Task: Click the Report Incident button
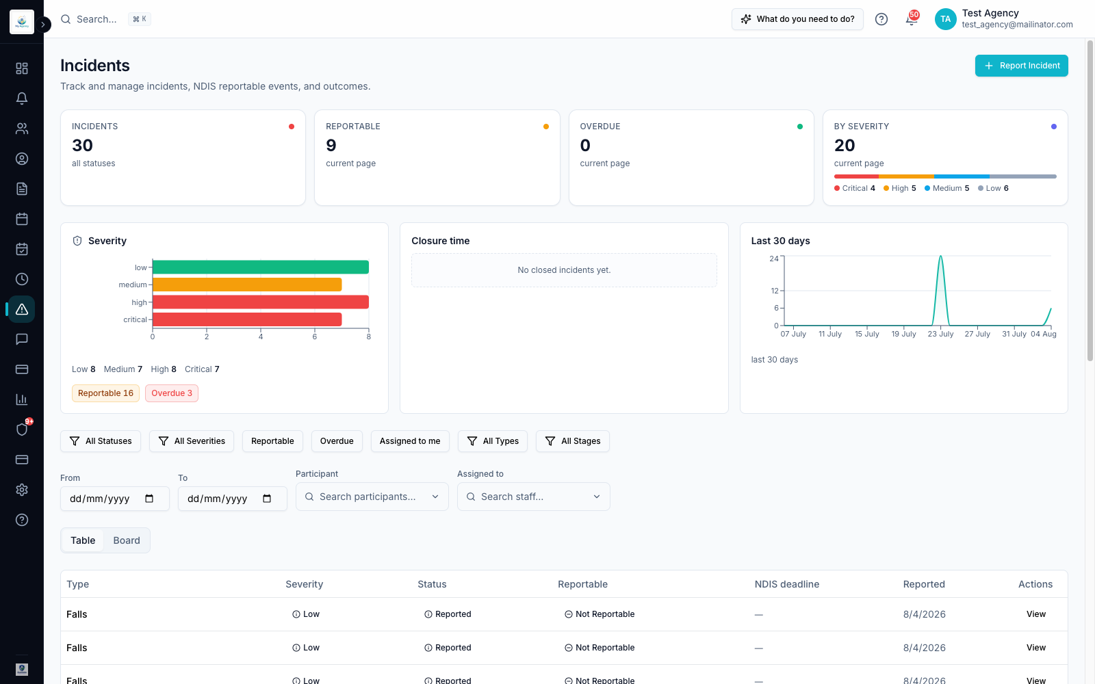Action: pyautogui.click(x=1021, y=66)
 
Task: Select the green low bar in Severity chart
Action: pyautogui.click(x=261, y=267)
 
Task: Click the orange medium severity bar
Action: pyautogui.click(x=247, y=285)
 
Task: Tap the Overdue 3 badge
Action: pyautogui.click(x=172, y=393)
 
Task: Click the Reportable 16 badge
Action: pyautogui.click(x=105, y=393)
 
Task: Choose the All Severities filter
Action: pyautogui.click(x=192, y=441)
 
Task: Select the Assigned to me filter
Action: pyautogui.click(x=410, y=441)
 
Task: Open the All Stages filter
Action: pyautogui.click(x=572, y=441)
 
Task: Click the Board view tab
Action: pyautogui.click(x=127, y=540)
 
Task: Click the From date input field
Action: pyautogui.click(x=115, y=499)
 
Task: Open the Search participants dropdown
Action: pyautogui.click(x=372, y=497)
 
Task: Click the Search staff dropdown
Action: pyautogui.click(x=533, y=497)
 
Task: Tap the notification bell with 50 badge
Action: pyautogui.click(x=911, y=18)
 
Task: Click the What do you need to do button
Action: pyautogui.click(x=797, y=19)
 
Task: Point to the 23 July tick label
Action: pyautogui.click(x=940, y=334)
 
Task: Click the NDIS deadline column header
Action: pyautogui.click(x=786, y=584)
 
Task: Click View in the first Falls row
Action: pyautogui.click(x=1036, y=614)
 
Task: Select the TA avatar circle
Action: pyautogui.click(x=945, y=19)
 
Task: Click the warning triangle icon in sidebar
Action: pyautogui.click(x=21, y=309)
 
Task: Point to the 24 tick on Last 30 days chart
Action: pyautogui.click(x=774, y=259)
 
